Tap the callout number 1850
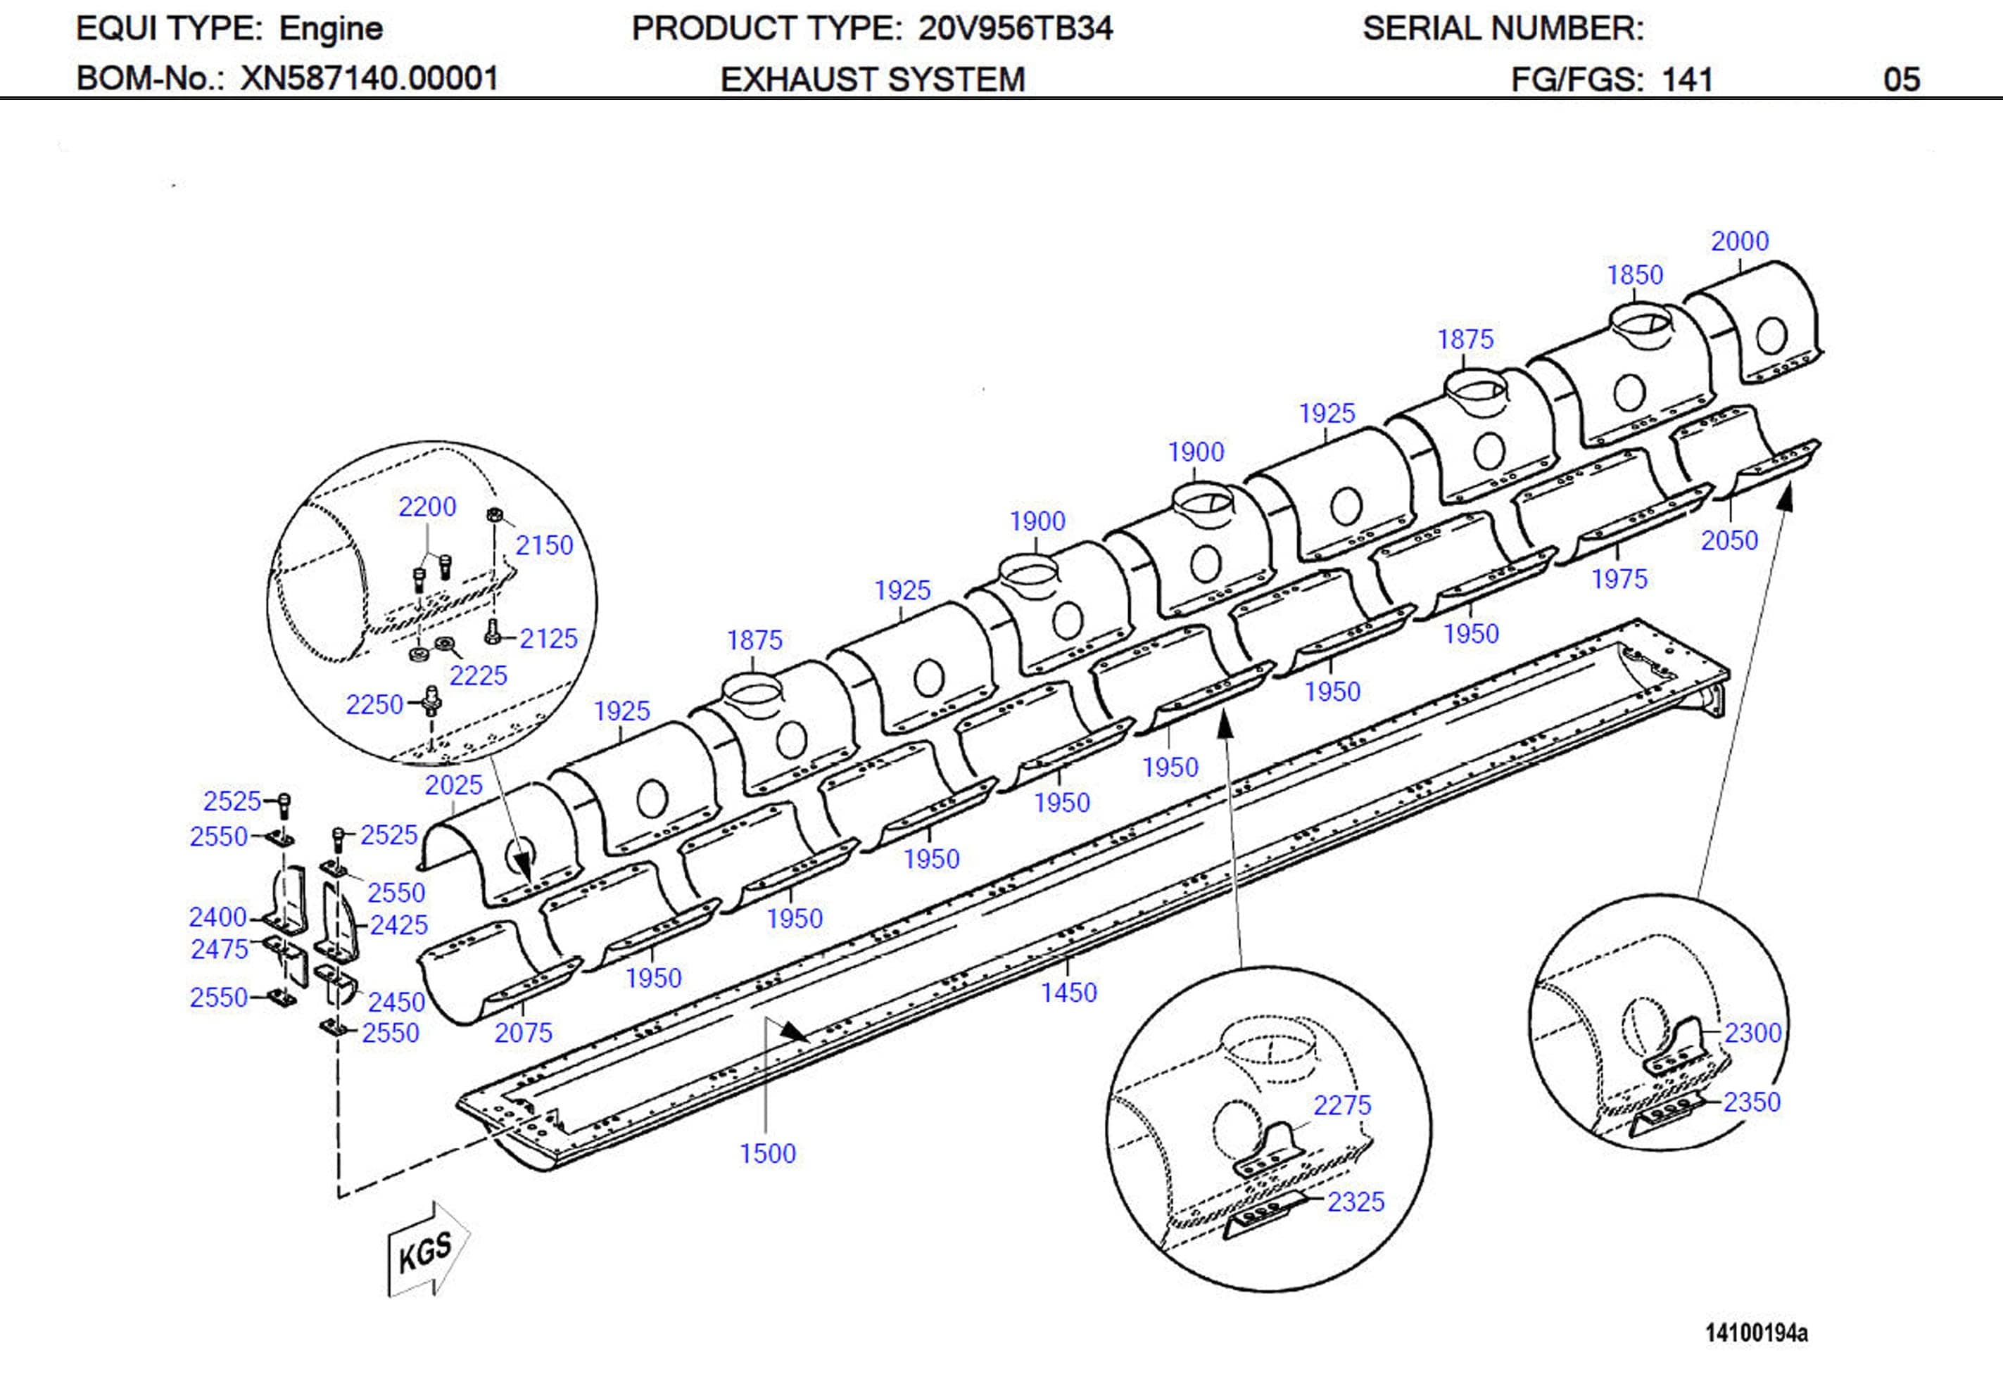[x=1635, y=276]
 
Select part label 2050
[x=1729, y=541]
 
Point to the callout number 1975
[x=1619, y=579]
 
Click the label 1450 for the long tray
[x=1068, y=993]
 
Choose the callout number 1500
[x=767, y=1154]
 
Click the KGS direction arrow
[x=427, y=1249]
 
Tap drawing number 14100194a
[x=1756, y=1333]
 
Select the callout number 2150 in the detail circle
[x=543, y=546]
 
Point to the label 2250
[x=374, y=705]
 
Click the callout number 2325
[x=1356, y=1202]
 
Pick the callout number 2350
[x=1751, y=1102]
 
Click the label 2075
[x=524, y=1033]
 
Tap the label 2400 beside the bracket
[x=218, y=917]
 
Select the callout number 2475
[x=219, y=949]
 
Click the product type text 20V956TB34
[x=1016, y=29]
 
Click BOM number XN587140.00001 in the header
[x=369, y=79]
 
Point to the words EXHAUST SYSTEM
[x=873, y=79]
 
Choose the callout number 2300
[x=1752, y=1033]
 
